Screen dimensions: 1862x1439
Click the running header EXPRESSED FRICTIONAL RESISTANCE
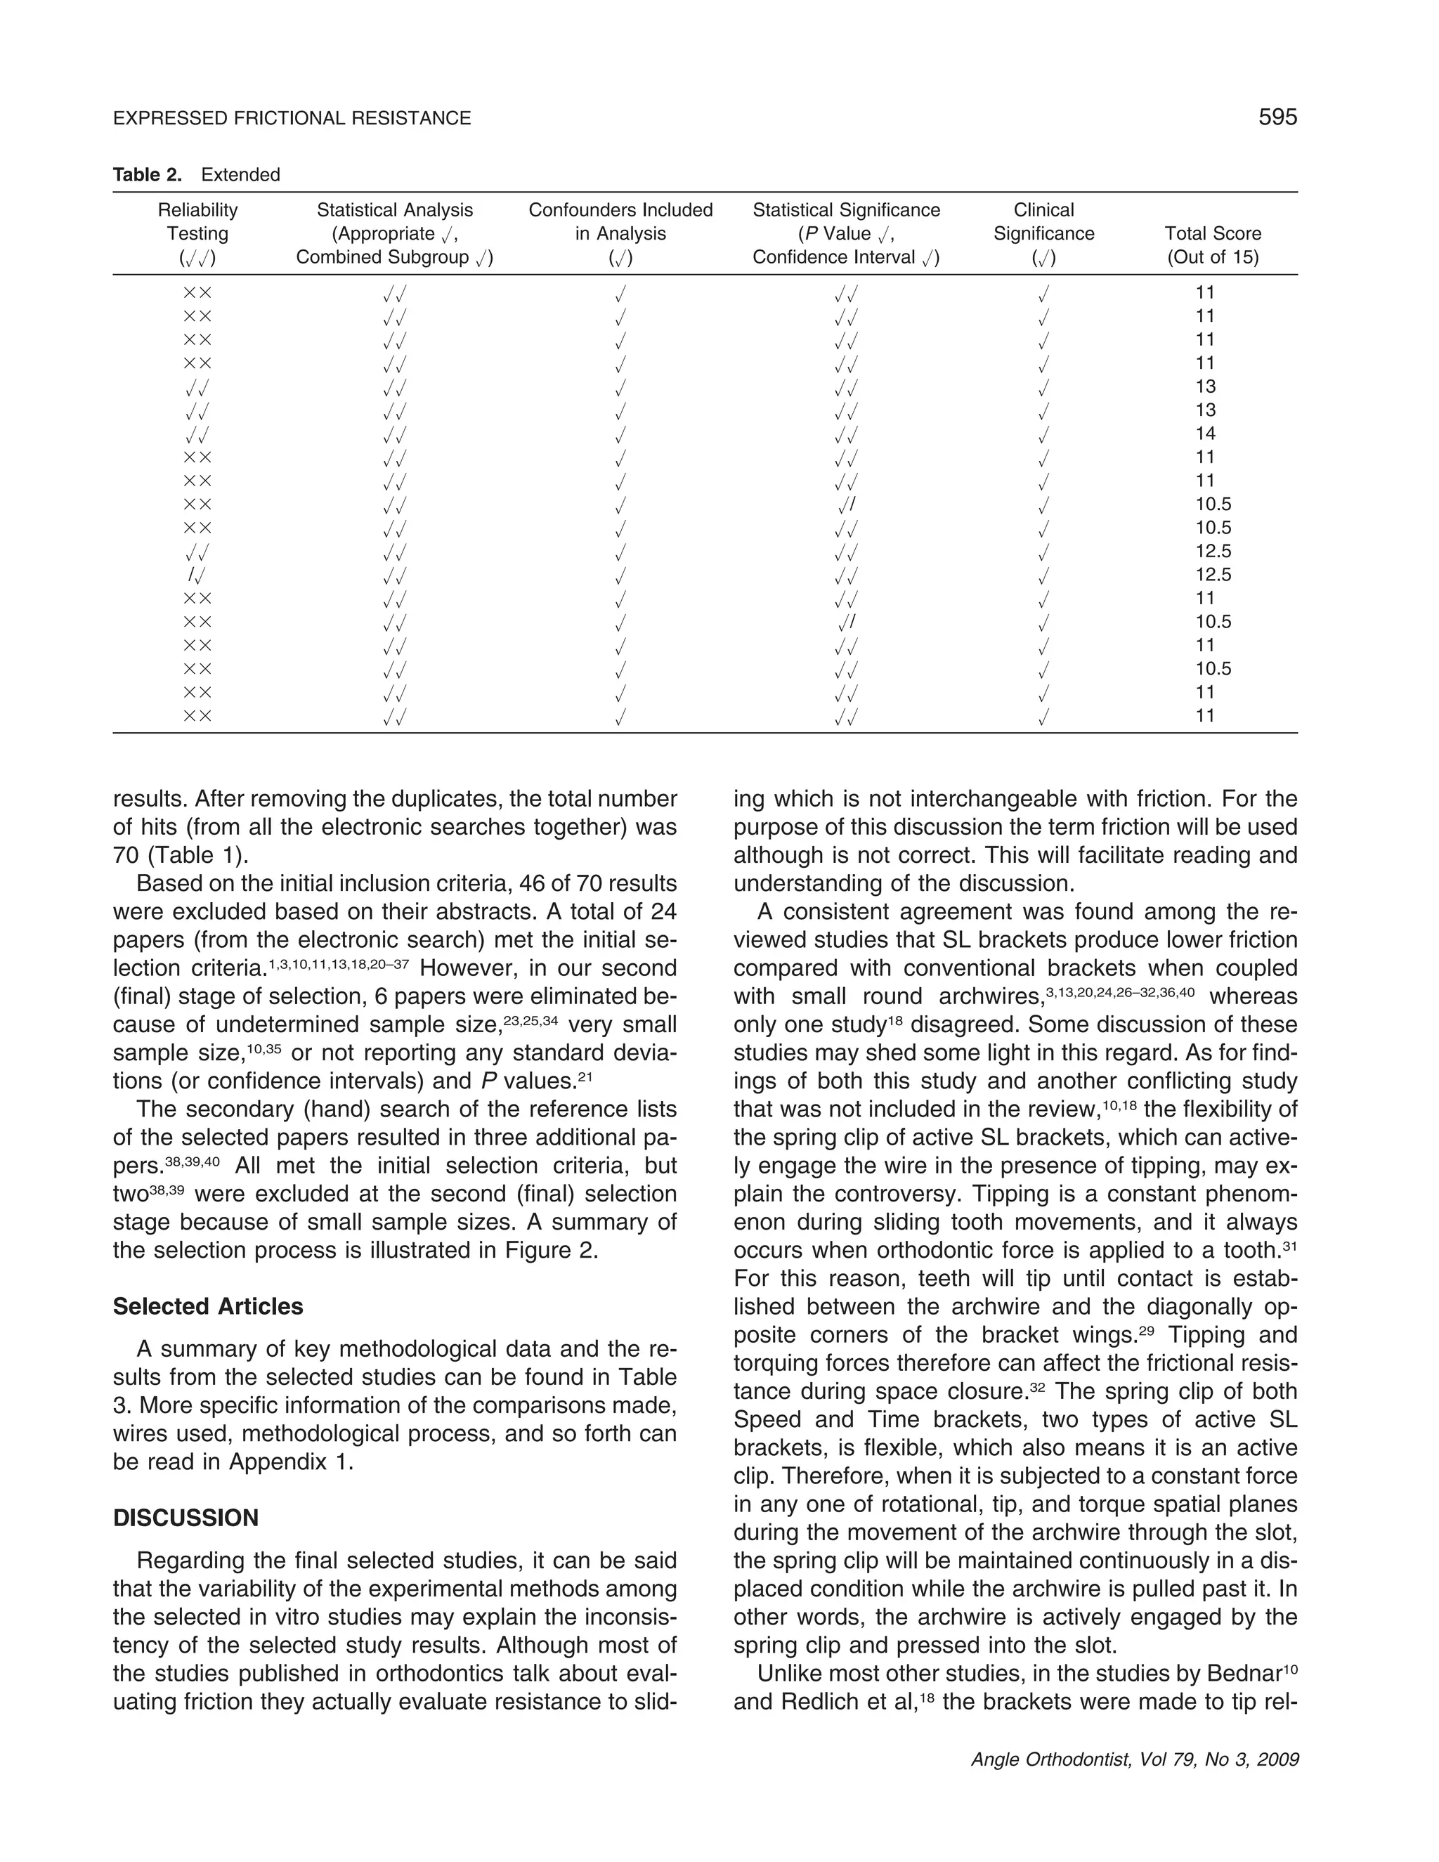point(292,119)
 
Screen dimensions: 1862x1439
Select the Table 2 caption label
point(148,175)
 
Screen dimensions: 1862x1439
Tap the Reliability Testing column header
point(197,233)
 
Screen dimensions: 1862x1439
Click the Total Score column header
point(1212,245)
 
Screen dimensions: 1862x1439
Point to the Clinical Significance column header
point(1043,233)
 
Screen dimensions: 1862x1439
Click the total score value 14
point(1204,433)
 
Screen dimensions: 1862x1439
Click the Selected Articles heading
point(208,1306)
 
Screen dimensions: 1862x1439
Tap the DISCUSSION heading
point(185,1518)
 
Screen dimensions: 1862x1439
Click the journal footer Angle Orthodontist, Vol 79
point(1134,1759)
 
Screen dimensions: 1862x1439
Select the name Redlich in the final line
point(816,1702)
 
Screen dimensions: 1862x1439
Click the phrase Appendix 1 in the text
point(290,1461)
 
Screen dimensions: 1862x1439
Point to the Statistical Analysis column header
point(395,233)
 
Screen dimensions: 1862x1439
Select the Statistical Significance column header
point(846,233)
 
